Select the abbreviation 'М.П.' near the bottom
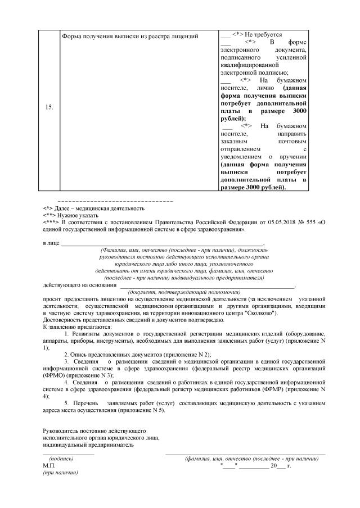pyautogui.click(x=49, y=466)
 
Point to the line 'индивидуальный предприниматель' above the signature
pyautogui.click(x=88, y=444)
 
